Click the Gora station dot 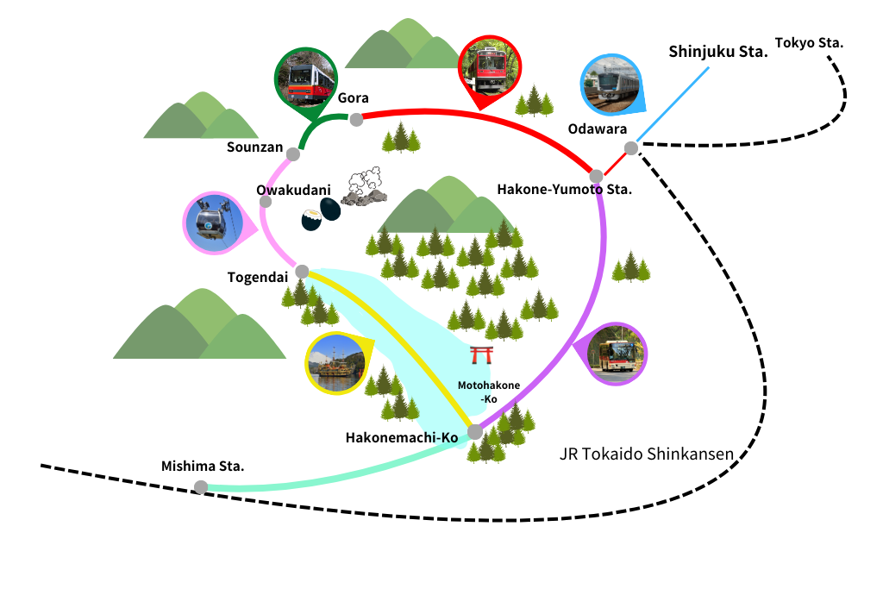tap(355, 119)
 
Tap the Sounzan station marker tap(293, 154)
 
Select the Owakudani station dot tap(266, 202)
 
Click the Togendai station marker tap(302, 272)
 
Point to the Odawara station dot tap(631, 148)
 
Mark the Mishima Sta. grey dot tap(201, 487)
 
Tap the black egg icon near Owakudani tap(322, 214)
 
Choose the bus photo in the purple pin tap(616, 354)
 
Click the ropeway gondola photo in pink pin tap(214, 222)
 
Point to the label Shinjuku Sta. tap(717, 52)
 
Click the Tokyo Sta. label tap(809, 42)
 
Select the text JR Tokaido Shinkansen tap(646, 454)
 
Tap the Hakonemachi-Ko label tap(402, 438)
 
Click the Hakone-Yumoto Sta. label tap(565, 190)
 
